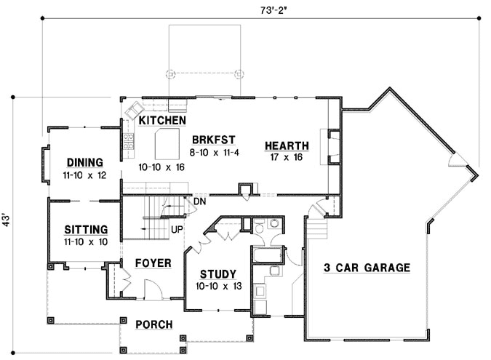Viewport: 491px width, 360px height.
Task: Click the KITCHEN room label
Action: tap(163, 120)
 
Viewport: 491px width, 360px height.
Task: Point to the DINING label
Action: tap(84, 162)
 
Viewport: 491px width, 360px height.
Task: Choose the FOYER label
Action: tap(153, 263)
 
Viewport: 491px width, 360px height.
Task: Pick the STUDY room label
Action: tap(216, 274)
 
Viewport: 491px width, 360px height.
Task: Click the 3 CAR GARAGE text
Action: tap(367, 267)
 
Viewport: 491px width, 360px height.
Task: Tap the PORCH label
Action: tap(153, 324)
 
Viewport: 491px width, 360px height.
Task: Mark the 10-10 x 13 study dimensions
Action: tap(216, 286)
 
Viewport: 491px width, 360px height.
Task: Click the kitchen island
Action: tap(167, 141)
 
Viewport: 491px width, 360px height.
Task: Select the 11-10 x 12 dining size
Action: tap(84, 175)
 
